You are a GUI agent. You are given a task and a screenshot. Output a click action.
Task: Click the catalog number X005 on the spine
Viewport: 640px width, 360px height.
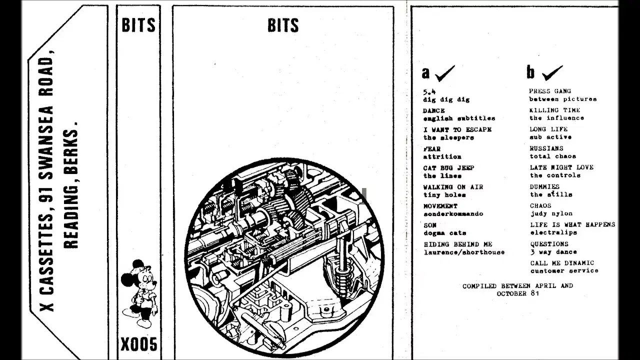(x=139, y=344)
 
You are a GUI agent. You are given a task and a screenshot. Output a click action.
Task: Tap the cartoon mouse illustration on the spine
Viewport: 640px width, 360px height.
(x=139, y=293)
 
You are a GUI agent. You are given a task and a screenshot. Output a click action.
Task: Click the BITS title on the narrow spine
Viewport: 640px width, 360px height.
(x=138, y=25)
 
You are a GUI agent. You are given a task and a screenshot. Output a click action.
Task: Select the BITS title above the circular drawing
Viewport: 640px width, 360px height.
(x=283, y=25)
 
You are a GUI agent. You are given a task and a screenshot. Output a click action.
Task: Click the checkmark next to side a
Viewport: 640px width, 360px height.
(x=445, y=73)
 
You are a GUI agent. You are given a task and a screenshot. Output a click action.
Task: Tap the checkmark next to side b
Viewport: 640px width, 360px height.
(x=552, y=73)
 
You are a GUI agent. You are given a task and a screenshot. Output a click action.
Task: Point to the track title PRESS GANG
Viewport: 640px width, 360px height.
(x=549, y=91)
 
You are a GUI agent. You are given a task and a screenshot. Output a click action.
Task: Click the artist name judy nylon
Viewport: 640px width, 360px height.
(x=551, y=213)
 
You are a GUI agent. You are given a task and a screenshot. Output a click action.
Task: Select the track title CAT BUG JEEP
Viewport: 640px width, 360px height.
(x=448, y=168)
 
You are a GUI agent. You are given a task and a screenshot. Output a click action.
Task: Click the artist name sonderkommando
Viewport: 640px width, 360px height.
(x=453, y=213)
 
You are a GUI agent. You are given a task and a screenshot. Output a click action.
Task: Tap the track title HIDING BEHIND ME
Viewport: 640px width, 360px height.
(x=458, y=244)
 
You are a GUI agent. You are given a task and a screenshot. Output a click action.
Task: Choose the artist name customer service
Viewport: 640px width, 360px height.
(x=564, y=270)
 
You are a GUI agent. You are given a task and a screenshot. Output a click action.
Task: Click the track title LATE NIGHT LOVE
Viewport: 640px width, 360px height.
(x=561, y=167)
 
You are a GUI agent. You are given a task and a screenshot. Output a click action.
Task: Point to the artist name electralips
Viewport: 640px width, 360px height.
(x=553, y=232)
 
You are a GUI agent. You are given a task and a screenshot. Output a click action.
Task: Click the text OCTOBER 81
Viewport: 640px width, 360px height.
(x=517, y=293)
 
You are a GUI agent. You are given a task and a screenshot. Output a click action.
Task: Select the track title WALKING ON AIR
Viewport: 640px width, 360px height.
(x=453, y=187)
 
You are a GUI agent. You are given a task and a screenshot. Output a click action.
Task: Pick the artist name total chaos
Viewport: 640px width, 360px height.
(x=553, y=156)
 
